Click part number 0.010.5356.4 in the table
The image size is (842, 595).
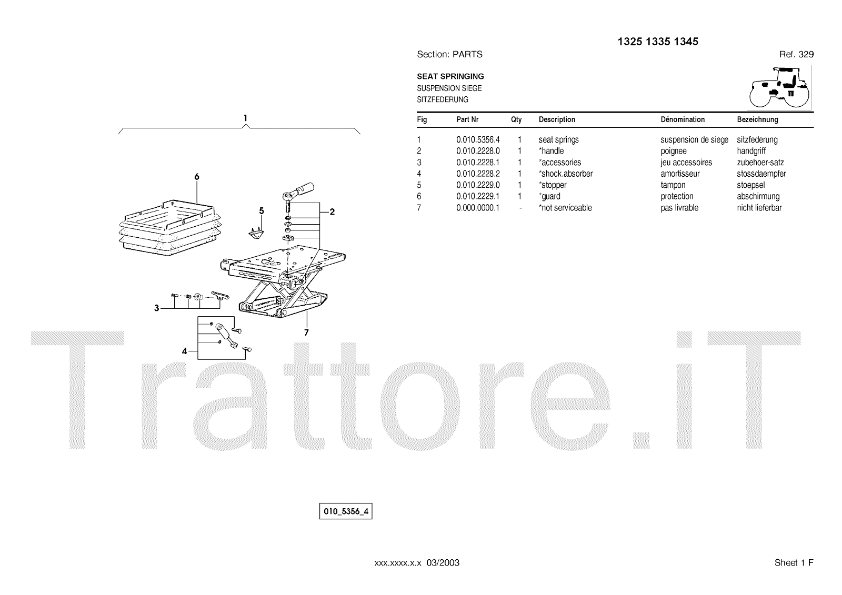coord(478,140)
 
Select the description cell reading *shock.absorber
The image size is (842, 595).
coord(566,174)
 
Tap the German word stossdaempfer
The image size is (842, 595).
coord(761,174)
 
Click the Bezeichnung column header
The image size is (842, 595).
coord(757,119)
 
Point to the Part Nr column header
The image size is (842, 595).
coord(467,119)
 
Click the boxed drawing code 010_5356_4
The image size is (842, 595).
coord(346,511)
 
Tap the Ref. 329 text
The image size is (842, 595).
coord(796,54)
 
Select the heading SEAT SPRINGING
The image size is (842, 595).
coord(450,76)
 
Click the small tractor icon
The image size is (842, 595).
coord(779,87)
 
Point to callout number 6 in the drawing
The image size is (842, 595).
coord(197,177)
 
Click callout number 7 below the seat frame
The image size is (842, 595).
coord(306,332)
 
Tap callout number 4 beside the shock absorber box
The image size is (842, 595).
coord(184,351)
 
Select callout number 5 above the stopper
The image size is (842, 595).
coord(262,211)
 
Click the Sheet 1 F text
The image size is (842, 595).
coord(794,563)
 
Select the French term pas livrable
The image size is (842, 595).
coord(679,208)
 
